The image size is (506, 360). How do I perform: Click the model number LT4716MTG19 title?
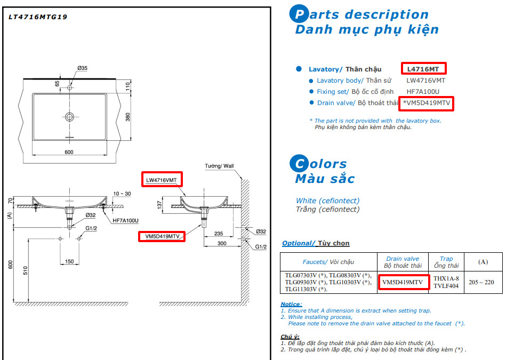pos(38,17)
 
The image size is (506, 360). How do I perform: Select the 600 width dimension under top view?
pos(69,152)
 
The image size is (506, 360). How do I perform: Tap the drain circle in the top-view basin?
pos(70,116)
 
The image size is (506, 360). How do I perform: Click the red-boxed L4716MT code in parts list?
pos(423,69)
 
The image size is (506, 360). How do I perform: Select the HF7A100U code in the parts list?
pos(422,92)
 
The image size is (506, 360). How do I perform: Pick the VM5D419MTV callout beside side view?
pos(162,236)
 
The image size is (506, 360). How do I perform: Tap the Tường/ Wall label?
pos(219,166)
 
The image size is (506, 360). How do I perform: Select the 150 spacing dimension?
pos(69,261)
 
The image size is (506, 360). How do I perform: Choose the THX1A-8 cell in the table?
pos(446,278)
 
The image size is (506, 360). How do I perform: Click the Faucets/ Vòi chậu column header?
pos(328,261)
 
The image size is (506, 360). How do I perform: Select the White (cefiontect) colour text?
pos(327,201)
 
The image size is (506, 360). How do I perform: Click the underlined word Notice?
pos(291,303)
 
